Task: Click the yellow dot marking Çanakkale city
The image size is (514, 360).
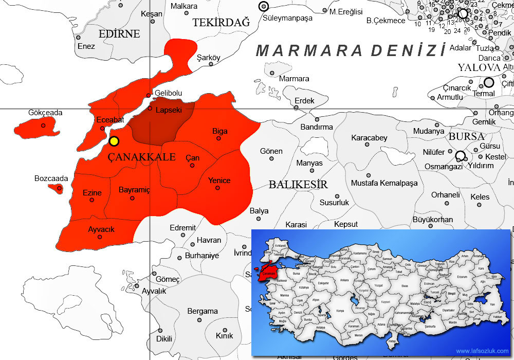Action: pyautogui.click(x=114, y=141)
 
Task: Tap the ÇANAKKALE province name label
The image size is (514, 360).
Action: pyautogui.click(x=142, y=157)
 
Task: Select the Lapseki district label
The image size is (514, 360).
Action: pyautogui.click(x=169, y=110)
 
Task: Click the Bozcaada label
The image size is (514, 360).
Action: pyautogui.click(x=51, y=178)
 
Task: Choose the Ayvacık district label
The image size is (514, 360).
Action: pyautogui.click(x=101, y=229)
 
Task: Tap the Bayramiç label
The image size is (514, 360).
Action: pyautogui.click(x=134, y=190)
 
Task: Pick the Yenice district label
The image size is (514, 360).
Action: pyautogui.click(x=219, y=181)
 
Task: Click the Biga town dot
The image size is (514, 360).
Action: pyautogui.click(x=219, y=138)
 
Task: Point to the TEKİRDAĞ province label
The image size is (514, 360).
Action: pyautogui.click(x=221, y=22)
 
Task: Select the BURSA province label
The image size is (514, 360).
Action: pyautogui.click(x=466, y=137)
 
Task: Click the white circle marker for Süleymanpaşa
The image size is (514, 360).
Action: pyautogui.click(x=264, y=6)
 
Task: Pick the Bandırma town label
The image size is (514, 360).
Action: pyautogui.click(x=317, y=127)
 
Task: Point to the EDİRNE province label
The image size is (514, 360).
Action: pyautogui.click(x=119, y=34)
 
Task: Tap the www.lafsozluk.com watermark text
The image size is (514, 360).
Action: pyautogui.click(x=482, y=351)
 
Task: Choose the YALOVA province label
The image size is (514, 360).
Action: pyautogui.click(x=479, y=68)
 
